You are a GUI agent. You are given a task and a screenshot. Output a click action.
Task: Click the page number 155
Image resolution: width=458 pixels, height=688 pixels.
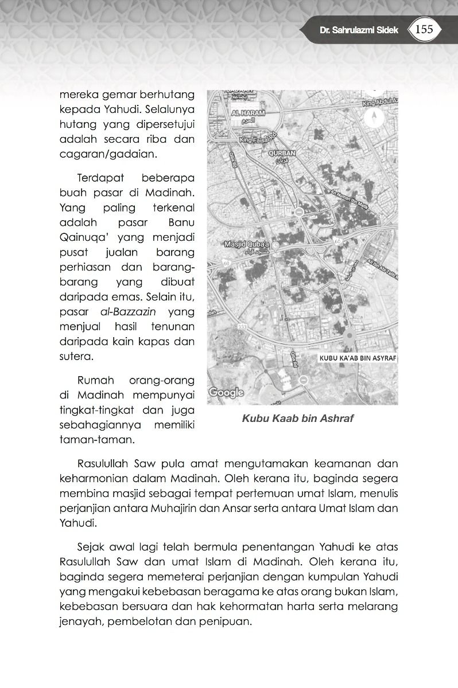tap(424, 29)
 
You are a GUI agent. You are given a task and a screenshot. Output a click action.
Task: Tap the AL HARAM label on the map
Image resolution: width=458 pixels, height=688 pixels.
tap(247, 114)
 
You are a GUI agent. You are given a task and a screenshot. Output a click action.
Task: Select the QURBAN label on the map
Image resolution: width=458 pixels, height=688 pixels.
tap(282, 154)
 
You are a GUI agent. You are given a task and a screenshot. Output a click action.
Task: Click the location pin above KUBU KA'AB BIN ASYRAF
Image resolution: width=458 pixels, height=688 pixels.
tap(350, 338)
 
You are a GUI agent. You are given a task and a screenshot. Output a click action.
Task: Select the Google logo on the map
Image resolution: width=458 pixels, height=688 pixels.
tap(226, 393)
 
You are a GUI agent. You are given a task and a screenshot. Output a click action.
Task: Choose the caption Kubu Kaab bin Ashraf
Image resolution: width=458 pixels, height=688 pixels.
tap(298, 419)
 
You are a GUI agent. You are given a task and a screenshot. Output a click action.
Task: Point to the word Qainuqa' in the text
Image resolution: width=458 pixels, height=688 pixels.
tap(82, 237)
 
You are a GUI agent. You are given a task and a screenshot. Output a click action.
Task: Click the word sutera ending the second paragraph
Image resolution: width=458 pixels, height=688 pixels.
tap(75, 357)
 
